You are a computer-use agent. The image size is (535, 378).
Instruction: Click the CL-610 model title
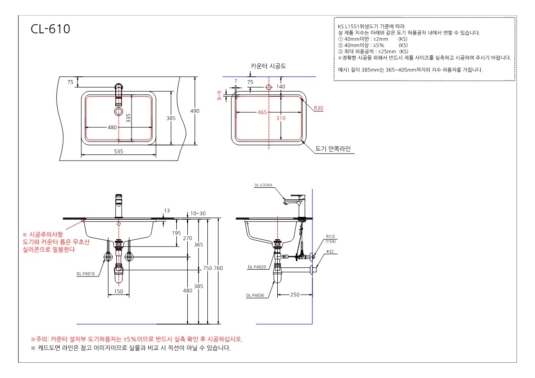coord(50,29)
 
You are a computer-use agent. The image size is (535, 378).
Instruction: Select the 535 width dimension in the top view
coord(119,151)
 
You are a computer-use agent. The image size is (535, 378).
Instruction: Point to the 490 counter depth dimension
coord(195,111)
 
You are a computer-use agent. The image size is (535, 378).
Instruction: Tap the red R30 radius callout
coord(318,108)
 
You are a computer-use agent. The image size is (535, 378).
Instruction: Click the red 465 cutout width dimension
coord(262,112)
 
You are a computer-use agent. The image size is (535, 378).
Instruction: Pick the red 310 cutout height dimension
coord(281,118)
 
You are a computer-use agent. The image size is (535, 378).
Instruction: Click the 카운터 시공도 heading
coord(269,66)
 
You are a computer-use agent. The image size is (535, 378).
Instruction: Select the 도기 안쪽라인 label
coord(333,149)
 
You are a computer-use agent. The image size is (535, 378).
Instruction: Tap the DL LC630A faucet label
coord(263,185)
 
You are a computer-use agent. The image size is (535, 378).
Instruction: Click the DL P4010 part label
coord(86,274)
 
